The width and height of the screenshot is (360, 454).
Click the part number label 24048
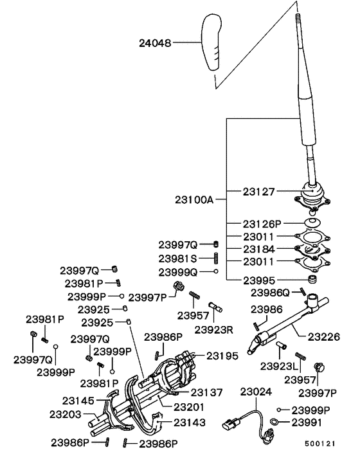pyautogui.click(x=156, y=44)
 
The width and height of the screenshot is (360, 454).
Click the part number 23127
pyautogui.click(x=260, y=191)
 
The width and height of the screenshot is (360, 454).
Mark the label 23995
pyautogui.click(x=260, y=280)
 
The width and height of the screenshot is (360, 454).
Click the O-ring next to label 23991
pyautogui.click(x=274, y=422)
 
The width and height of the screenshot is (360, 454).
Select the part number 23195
pyautogui.click(x=222, y=355)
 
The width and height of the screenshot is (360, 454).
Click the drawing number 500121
pyautogui.click(x=318, y=444)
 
